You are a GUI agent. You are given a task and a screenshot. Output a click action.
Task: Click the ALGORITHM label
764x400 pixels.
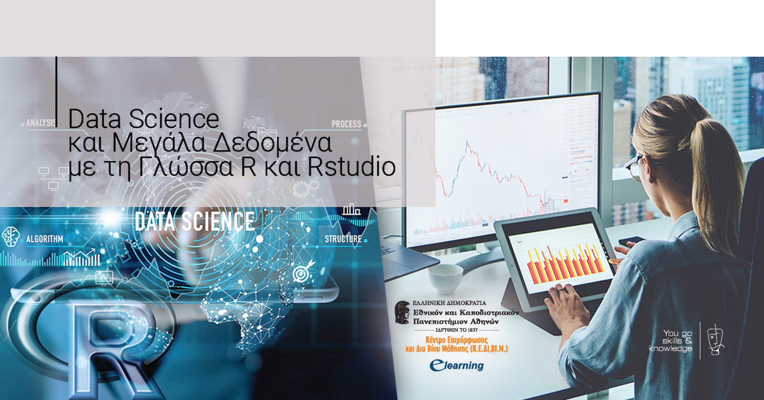[45, 239]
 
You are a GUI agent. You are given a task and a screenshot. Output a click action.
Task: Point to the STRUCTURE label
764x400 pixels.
[343, 239]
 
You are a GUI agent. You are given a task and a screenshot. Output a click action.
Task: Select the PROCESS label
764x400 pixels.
[346, 124]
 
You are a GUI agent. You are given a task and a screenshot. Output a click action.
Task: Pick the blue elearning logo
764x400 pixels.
[456, 366]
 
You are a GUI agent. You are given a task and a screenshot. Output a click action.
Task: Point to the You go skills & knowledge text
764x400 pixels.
[670, 341]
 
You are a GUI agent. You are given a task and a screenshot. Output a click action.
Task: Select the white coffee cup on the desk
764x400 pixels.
[445, 279]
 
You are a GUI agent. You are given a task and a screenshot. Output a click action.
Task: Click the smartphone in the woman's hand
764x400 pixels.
[632, 242]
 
